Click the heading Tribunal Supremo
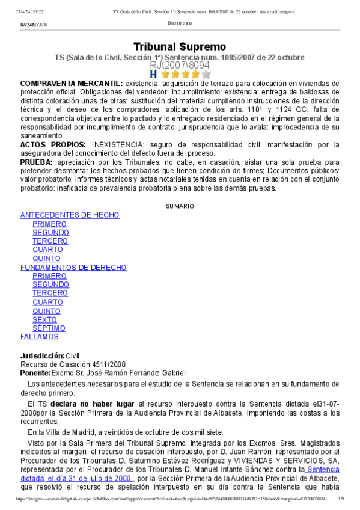coord(180,47)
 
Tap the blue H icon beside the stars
coord(153,75)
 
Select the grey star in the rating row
coord(206,75)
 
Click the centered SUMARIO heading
coord(180,206)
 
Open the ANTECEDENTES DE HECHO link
coord(70,215)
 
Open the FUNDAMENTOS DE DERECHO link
coord(73,268)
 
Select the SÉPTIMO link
coord(49,328)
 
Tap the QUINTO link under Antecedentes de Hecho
coord(46,259)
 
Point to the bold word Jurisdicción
coord(42,355)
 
